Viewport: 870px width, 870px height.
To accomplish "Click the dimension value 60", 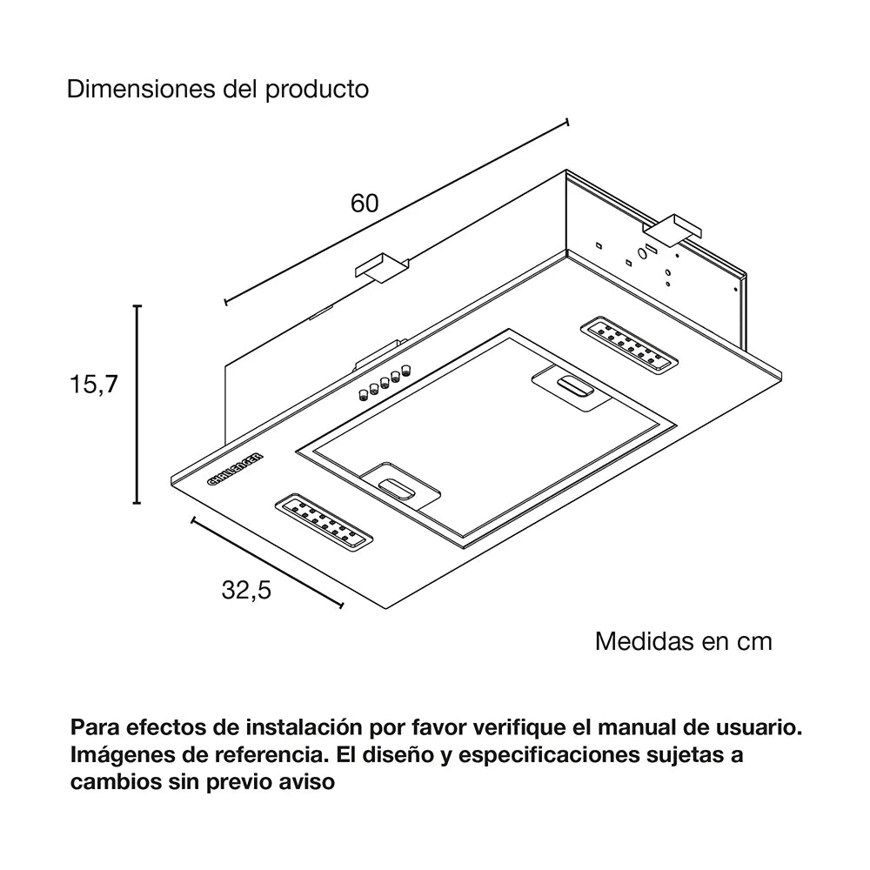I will pyautogui.click(x=365, y=204).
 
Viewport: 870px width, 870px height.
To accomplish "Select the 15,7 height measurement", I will pyautogui.click(x=93, y=385).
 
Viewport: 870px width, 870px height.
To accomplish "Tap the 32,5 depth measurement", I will pyautogui.click(x=247, y=591).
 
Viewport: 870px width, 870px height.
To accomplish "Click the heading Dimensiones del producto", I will pyautogui.click(x=218, y=90).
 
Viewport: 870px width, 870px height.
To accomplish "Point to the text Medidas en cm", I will pyautogui.click(x=683, y=641).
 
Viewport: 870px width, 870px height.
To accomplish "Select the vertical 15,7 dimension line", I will pyautogui.click(x=137, y=405).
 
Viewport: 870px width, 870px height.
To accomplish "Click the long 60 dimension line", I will pyautogui.click(x=397, y=211).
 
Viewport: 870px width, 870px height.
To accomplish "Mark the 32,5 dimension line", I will pyautogui.click(x=266, y=562).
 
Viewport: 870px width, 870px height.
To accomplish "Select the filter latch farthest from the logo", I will pyautogui.click(x=570, y=385).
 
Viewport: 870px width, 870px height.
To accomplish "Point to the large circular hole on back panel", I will pyautogui.click(x=641, y=253).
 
